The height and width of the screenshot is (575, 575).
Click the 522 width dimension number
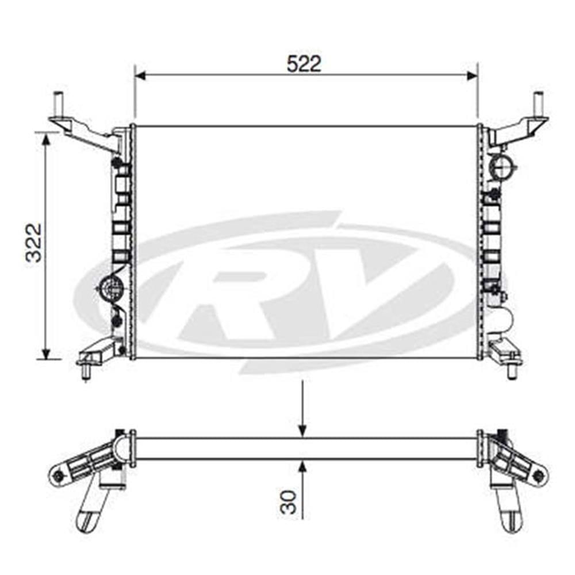click(x=304, y=64)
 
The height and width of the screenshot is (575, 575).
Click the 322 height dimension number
click(x=34, y=242)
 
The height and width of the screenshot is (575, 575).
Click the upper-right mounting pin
click(x=539, y=104)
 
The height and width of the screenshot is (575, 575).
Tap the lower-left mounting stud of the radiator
click(x=86, y=371)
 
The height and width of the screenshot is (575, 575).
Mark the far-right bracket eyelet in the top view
click(x=538, y=475)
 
